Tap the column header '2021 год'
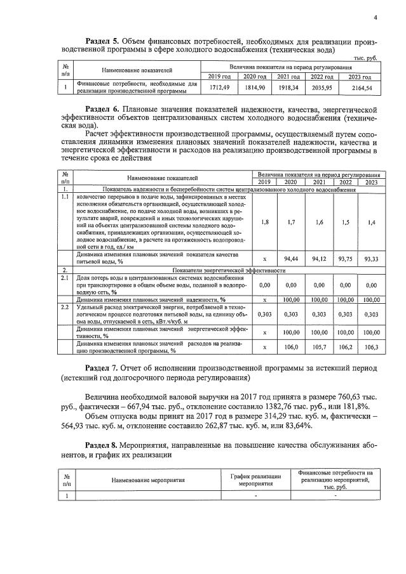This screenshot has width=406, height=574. coord(288,77)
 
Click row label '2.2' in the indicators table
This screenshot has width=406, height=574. coord(64,307)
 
